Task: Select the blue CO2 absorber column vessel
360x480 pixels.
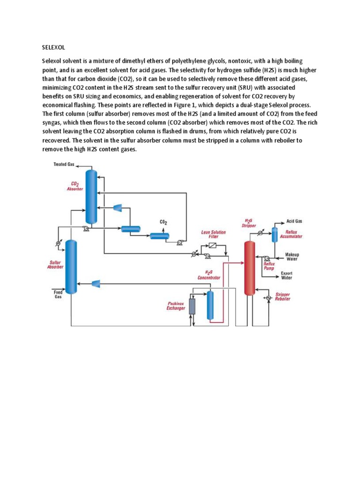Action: coord(91,196)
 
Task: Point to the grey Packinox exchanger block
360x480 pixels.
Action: coord(192,306)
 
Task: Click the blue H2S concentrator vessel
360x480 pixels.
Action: coord(210,305)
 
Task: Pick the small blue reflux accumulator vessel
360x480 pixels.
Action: coord(275,234)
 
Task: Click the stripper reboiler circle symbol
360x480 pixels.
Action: coord(268,298)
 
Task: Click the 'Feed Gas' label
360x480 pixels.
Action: coord(57,294)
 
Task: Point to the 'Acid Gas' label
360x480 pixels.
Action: coord(294,221)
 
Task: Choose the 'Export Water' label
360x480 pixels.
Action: coord(286,275)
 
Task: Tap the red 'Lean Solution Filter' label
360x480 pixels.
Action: coord(213,234)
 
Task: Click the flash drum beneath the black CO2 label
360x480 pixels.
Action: coord(159,235)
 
